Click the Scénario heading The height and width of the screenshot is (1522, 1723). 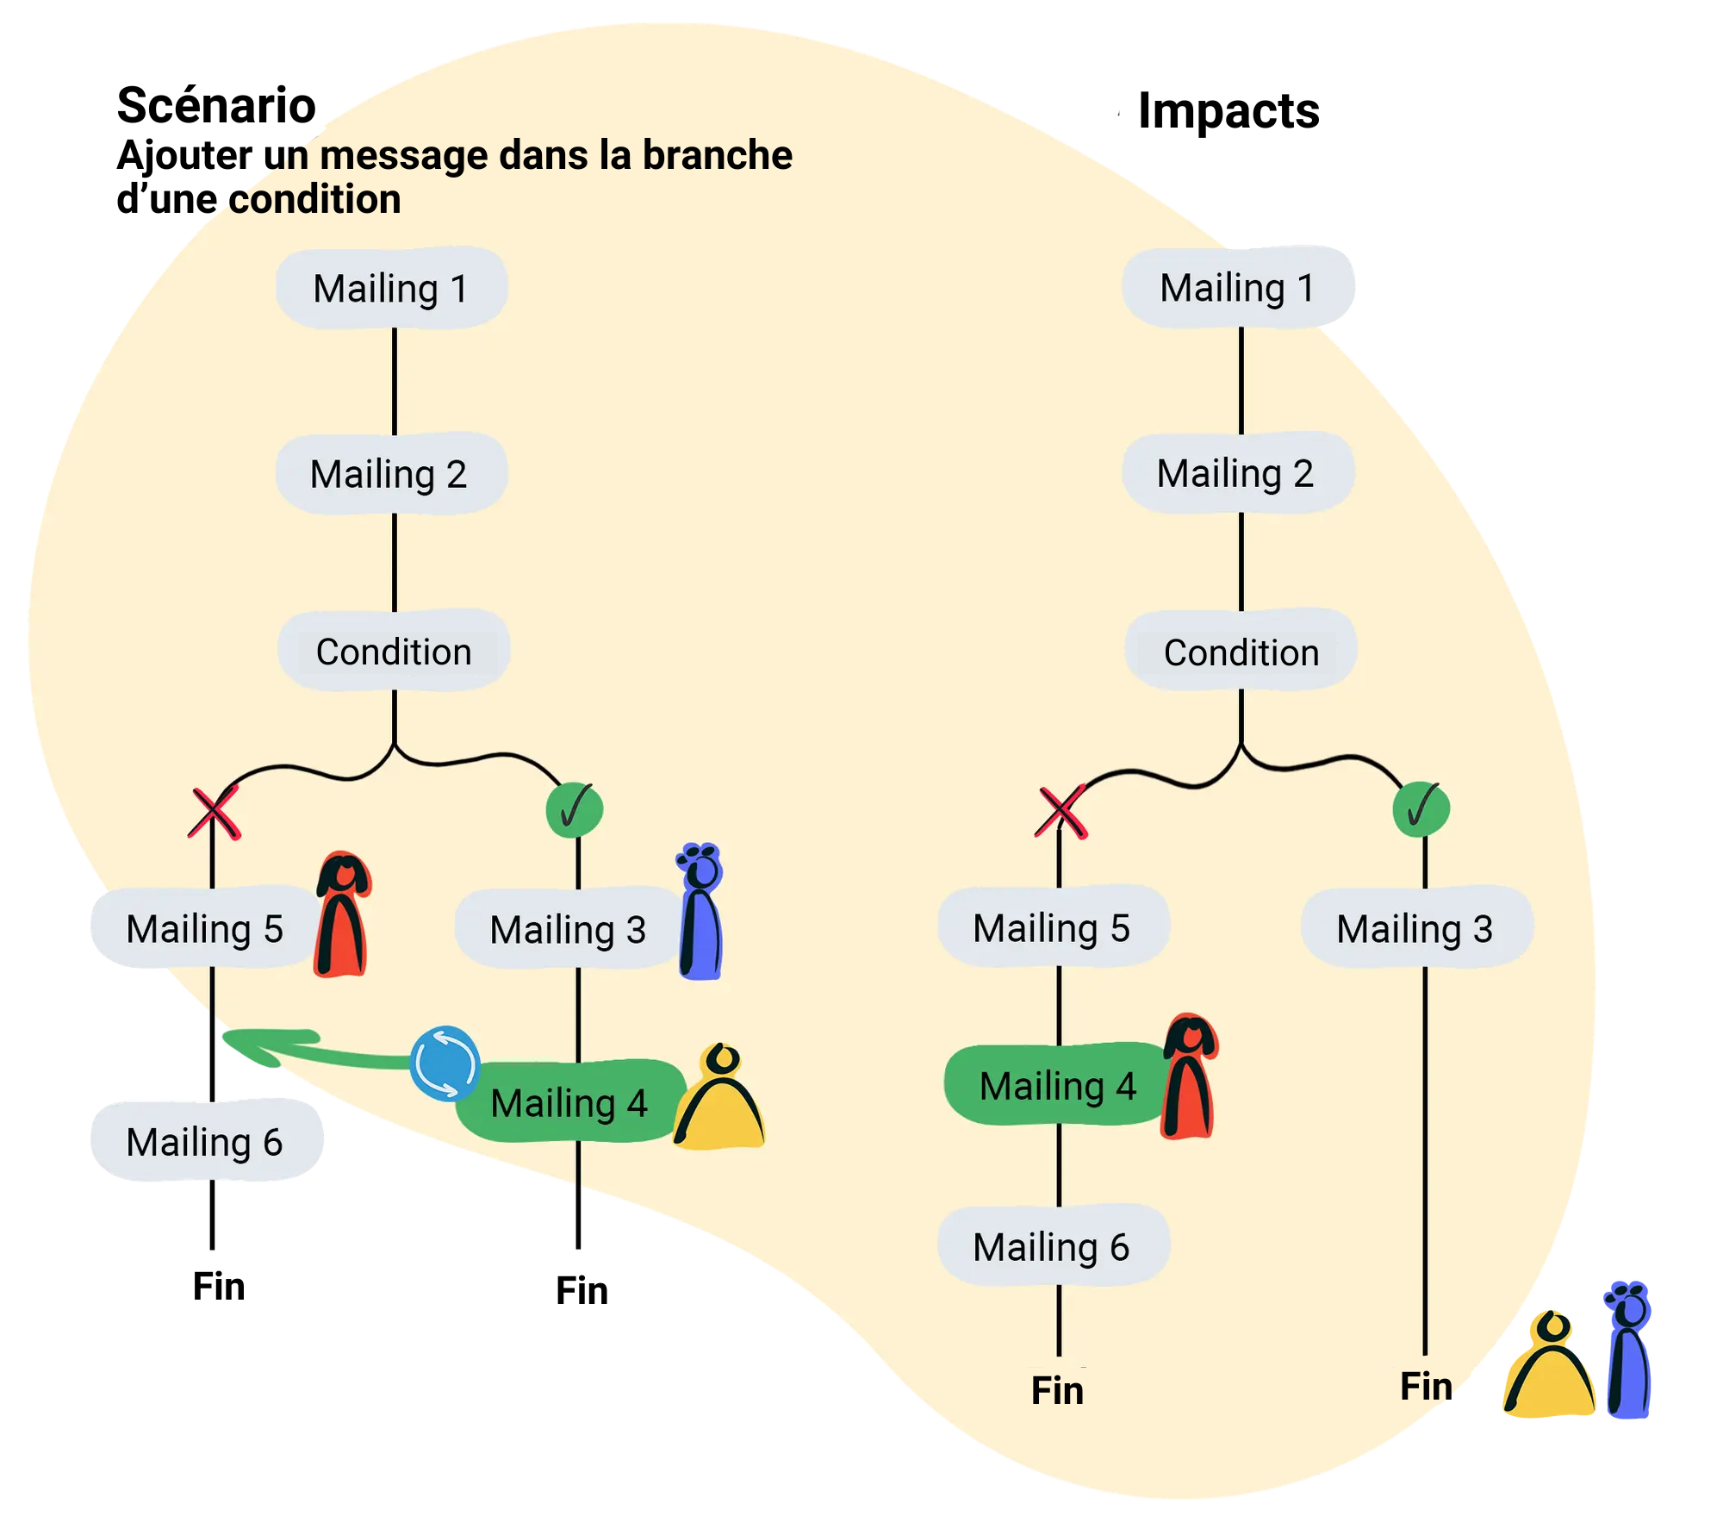pyautogui.click(x=216, y=106)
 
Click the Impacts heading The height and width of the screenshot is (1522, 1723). pyautogui.click(x=1228, y=111)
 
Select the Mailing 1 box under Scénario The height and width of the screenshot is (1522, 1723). pyautogui.click(x=391, y=288)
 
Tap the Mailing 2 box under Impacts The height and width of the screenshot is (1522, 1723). pyautogui.click(x=1237, y=473)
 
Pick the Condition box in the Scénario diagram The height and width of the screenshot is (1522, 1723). pyautogui.click(x=394, y=652)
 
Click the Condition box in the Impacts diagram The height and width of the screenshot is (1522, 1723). pyautogui.click(x=1241, y=652)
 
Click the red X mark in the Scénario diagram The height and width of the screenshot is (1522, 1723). pyautogui.click(x=214, y=813)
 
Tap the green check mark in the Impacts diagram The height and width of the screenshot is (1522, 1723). pyautogui.click(x=1421, y=808)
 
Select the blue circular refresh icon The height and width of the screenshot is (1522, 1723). pyautogui.click(x=445, y=1063)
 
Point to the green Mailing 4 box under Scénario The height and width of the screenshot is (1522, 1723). pyautogui.click(x=569, y=1102)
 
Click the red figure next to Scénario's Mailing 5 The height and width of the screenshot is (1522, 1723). pyautogui.click(x=343, y=914)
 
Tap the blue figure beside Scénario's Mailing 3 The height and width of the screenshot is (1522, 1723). pyautogui.click(x=701, y=912)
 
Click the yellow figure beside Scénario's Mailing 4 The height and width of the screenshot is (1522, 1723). pyautogui.click(x=720, y=1100)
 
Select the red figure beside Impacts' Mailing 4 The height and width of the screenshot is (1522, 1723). pyautogui.click(x=1189, y=1076)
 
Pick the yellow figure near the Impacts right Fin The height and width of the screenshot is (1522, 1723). pyautogui.click(x=1549, y=1368)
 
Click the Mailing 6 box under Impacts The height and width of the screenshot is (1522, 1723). pyautogui.click(x=1053, y=1246)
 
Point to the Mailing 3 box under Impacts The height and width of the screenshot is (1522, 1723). pyautogui.click(x=1416, y=928)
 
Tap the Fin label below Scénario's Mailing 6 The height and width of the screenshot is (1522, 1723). pyautogui.click(x=219, y=1286)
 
